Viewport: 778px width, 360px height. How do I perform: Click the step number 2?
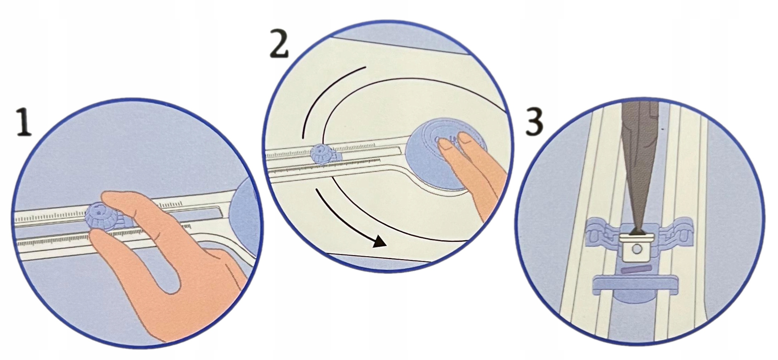279,44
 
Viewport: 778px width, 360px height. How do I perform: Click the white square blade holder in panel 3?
637,247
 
